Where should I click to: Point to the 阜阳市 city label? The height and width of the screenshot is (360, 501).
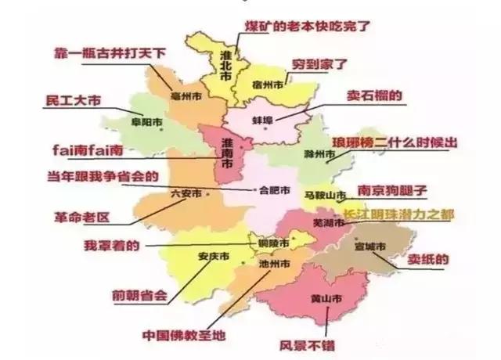(146, 122)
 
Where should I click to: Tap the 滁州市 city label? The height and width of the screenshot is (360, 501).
(319, 154)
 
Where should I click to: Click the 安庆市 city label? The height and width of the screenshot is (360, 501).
(213, 256)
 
